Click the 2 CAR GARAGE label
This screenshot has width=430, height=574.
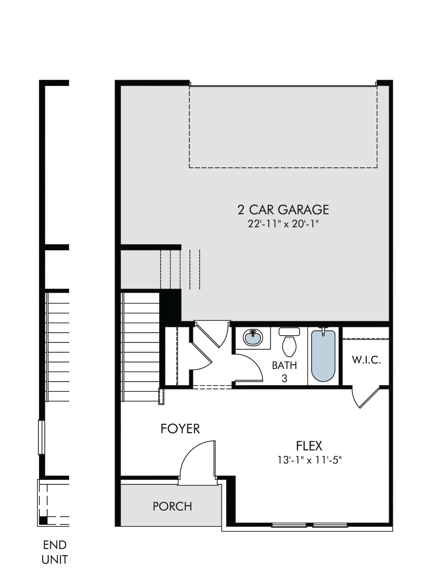(x=283, y=210)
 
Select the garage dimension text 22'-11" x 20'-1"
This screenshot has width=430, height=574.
(x=283, y=224)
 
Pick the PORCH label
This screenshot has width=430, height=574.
(x=172, y=507)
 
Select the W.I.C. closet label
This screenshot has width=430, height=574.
(x=366, y=360)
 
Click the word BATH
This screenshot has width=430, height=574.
(x=284, y=365)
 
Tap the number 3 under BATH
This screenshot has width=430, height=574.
(x=284, y=379)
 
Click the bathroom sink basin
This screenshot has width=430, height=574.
(x=253, y=338)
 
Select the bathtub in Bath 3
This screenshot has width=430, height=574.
(x=323, y=356)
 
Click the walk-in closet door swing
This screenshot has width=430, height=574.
(x=365, y=397)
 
